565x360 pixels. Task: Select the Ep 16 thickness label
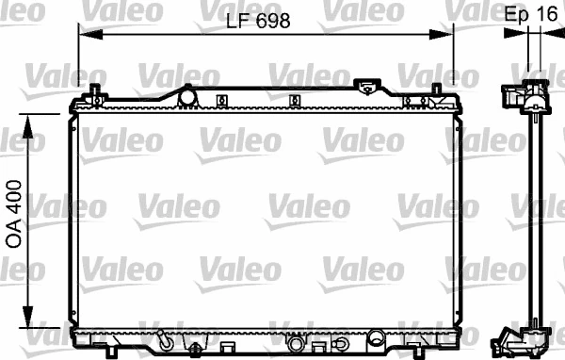[530, 15]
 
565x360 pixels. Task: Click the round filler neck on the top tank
[186, 95]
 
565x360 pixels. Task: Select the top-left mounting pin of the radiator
[95, 92]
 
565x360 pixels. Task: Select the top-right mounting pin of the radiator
[436, 92]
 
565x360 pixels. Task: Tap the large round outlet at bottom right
[376, 336]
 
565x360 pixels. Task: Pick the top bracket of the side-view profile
[524, 98]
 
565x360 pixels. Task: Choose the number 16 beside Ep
[545, 15]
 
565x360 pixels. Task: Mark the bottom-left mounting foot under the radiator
[112, 352]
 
